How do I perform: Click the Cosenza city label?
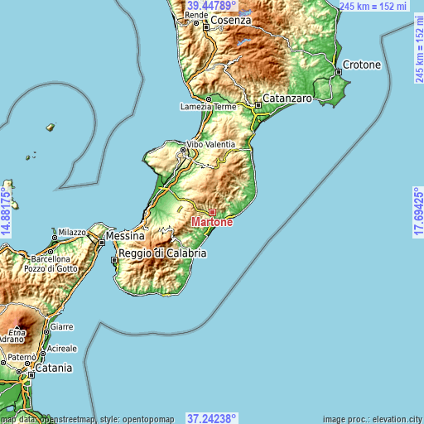(230, 20)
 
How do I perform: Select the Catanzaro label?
(287, 99)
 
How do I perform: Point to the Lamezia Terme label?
(208, 107)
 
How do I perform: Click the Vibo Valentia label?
(210, 144)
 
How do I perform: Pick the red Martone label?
(212, 222)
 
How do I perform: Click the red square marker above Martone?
(212, 212)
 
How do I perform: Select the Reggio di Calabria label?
(162, 253)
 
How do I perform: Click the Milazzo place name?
(71, 233)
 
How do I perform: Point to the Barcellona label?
(46, 258)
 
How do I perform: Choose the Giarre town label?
(62, 327)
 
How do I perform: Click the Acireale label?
(63, 349)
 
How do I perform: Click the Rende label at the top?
(196, 15)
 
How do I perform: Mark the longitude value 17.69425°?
(417, 212)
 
